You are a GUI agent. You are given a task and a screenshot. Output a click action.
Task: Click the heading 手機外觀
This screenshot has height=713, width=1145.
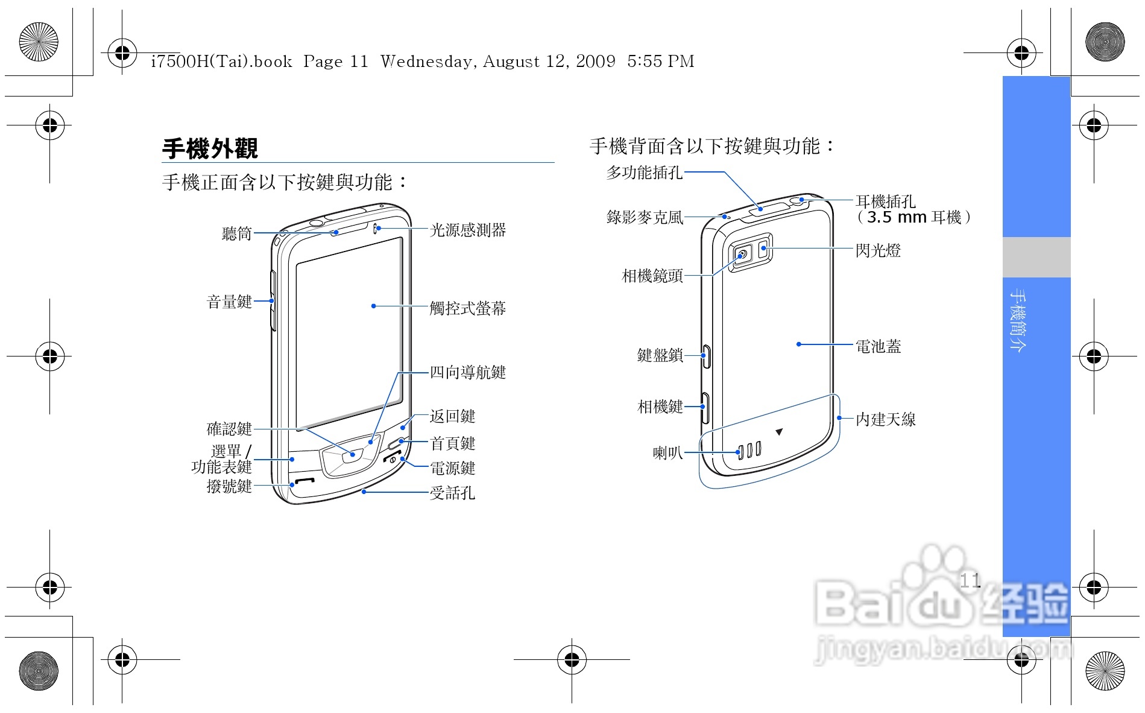pos(210,148)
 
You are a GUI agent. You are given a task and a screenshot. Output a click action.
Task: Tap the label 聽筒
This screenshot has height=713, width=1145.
pos(236,233)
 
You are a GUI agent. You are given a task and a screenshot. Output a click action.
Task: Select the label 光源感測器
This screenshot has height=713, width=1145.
pos(468,230)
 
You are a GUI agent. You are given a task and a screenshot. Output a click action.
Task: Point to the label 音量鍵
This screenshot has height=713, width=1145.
pos(229,302)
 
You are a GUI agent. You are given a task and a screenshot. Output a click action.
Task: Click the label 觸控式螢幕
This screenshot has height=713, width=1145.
pos(468,308)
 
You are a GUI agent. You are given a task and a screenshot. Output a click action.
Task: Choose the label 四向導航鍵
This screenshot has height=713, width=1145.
pos(468,372)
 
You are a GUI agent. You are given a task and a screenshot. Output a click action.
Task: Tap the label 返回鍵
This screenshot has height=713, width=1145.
pos(452,416)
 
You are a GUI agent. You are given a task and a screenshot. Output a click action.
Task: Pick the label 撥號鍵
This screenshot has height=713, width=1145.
pos(229,486)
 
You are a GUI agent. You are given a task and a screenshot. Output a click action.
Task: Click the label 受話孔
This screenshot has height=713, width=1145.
pos(452,493)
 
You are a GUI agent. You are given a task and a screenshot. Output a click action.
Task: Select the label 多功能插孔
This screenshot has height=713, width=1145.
pos(644,173)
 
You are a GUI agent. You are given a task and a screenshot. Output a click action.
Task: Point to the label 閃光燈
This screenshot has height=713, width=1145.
pos(878,250)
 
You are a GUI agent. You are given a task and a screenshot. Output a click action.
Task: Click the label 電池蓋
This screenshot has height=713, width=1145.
pos(878,346)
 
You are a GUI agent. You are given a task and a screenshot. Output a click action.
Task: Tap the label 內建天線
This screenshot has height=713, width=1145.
pos(885,419)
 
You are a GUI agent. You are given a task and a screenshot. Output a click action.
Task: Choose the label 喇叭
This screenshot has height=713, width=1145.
pos(667,452)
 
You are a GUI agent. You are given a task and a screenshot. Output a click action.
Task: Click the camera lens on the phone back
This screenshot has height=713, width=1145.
pos(742,255)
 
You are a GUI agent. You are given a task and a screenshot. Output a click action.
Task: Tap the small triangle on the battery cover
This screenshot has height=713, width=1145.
pos(779,432)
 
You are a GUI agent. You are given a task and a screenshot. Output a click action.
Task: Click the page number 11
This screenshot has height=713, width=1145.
pos(970,580)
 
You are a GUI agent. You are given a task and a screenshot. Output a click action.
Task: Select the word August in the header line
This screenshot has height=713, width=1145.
pos(511,61)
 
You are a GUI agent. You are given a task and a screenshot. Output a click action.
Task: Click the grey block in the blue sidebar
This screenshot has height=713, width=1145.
pos(1036,257)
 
